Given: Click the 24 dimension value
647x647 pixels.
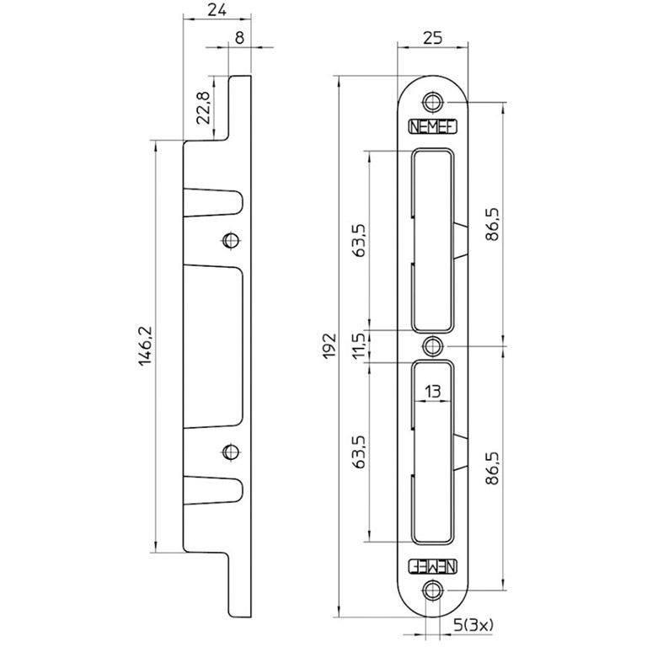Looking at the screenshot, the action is coord(217,10).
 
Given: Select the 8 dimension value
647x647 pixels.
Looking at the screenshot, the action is coord(240,38).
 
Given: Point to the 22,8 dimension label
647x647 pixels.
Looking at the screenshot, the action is coord(203,108).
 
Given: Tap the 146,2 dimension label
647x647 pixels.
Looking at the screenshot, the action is coord(146,345).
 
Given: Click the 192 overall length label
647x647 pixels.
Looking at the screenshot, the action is coord(329,346).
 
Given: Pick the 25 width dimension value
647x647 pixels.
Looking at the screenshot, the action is coord(433,38).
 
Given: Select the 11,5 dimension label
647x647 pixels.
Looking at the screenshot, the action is coord(359,345).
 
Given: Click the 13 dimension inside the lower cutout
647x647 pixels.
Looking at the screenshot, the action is coord(432,391).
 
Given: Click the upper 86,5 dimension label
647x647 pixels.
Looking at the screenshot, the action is coord(492,224).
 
